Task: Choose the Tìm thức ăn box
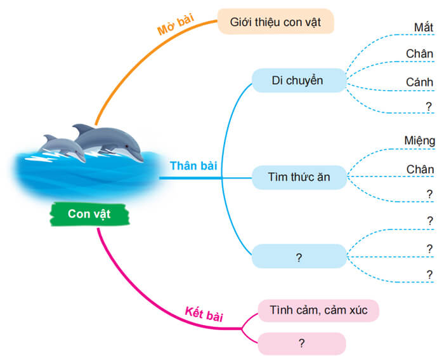pyautogui.click(x=299, y=177)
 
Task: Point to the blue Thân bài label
pyautogui.click(x=193, y=166)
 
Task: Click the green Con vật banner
pyautogui.click(x=89, y=214)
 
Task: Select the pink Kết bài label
pyautogui.click(x=204, y=313)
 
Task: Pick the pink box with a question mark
pyautogui.click(x=301, y=343)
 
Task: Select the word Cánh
pyautogui.click(x=420, y=83)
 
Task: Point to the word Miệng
pyautogui.click(x=419, y=140)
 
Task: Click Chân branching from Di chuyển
pyautogui.click(x=420, y=54)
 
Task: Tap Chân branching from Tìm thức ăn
pyautogui.click(x=420, y=169)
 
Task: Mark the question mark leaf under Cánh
pyautogui.click(x=429, y=107)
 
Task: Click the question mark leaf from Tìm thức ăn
pyautogui.click(x=429, y=195)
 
